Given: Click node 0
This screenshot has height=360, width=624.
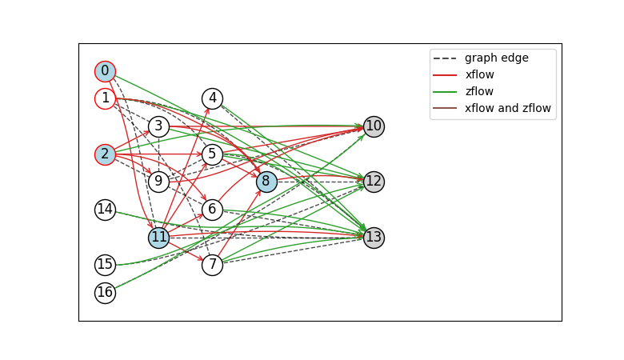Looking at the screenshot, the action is [105, 72].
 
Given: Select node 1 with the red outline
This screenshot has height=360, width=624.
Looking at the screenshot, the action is [105, 98].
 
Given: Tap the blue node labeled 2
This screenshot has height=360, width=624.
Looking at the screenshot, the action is [105, 154].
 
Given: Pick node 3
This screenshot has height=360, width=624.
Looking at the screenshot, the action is [158, 126].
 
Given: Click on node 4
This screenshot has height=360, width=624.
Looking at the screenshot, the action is [213, 98].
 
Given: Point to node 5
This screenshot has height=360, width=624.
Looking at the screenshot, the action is [212, 154].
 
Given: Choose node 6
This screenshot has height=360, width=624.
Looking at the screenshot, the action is [212, 210].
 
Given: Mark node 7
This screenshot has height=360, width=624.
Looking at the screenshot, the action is [212, 265].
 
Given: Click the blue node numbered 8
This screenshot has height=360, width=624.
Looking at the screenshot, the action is [266, 182].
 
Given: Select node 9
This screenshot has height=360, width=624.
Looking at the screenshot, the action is [158, 182].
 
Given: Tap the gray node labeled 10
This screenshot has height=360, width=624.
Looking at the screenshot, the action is [374, 126].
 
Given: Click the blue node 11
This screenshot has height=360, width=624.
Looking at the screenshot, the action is [158, 238].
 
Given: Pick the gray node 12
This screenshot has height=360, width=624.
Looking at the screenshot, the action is [374, 182].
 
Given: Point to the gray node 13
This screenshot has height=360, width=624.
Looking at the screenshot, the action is [374, 238].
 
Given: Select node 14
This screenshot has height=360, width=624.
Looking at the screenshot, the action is [105, 210].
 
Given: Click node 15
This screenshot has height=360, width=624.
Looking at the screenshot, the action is [105, 265].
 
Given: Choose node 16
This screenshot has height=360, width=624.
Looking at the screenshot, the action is [105, 293].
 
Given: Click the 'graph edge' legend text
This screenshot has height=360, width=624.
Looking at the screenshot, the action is [497, 58].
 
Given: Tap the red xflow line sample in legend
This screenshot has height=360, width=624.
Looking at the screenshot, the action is [445, 74].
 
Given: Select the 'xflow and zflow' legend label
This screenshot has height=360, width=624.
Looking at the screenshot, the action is [508, 108].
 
